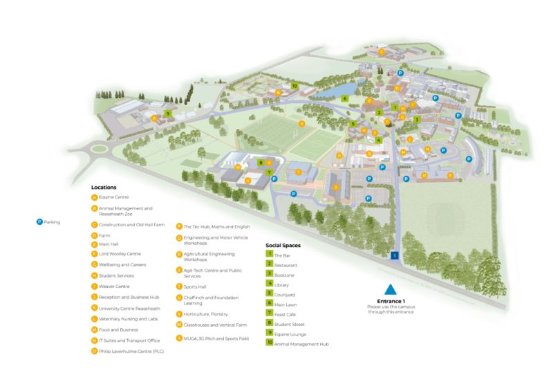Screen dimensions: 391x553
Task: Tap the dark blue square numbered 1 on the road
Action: (394, 255)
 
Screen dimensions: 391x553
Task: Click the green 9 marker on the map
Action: (168, 113)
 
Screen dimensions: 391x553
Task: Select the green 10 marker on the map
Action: (294, 87)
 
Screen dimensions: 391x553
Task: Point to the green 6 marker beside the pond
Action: (344, 98)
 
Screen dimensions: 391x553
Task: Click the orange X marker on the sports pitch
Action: (301, 125)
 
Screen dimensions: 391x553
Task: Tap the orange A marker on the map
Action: (154, 118)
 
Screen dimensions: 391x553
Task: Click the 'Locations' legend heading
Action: (104, 187)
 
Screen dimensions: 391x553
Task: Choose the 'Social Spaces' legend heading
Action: (283, 245)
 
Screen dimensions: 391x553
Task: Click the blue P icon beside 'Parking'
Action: (39, 221)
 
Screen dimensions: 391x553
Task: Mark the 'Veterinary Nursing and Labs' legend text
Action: (129, 319)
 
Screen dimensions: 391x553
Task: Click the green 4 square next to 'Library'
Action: (270, 284)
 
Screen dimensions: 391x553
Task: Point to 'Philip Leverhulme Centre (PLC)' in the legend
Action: (131, 351)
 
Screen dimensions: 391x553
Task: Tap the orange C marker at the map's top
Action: (381, 52)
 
